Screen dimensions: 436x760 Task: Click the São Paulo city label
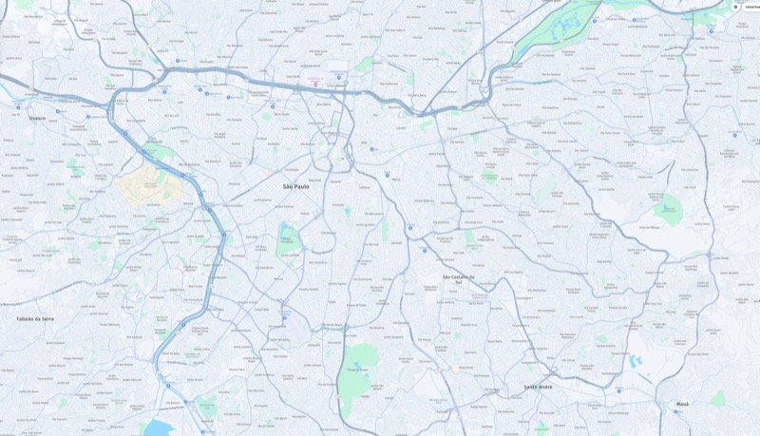[295, 186]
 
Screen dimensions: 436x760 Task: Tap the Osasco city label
[37, 118]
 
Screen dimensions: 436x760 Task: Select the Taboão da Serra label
[35, 318]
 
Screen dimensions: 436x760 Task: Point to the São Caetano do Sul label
[458, 278]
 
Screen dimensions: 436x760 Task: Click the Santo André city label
[538, 387]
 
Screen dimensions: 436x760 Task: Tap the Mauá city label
[682, 404]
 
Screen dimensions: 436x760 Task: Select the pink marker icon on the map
[315, 85]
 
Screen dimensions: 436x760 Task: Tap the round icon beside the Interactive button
[735, 6]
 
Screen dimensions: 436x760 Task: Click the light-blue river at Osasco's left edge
[4, 90]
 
